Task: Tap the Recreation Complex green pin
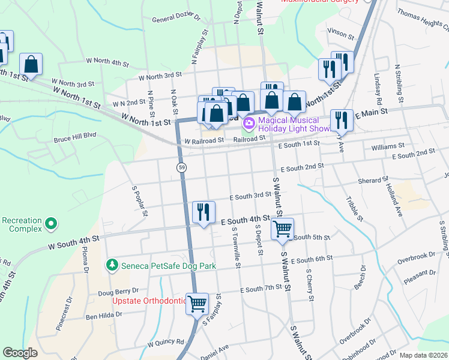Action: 51,224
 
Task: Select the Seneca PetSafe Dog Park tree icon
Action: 111,264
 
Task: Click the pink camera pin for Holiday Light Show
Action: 249,124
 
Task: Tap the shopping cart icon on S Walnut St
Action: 282,228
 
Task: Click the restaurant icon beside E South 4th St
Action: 203,212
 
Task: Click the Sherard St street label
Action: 373,180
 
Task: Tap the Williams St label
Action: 388,146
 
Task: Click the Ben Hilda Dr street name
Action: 104,314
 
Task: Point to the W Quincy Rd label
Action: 166,344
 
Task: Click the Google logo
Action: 20,353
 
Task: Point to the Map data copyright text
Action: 423,355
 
